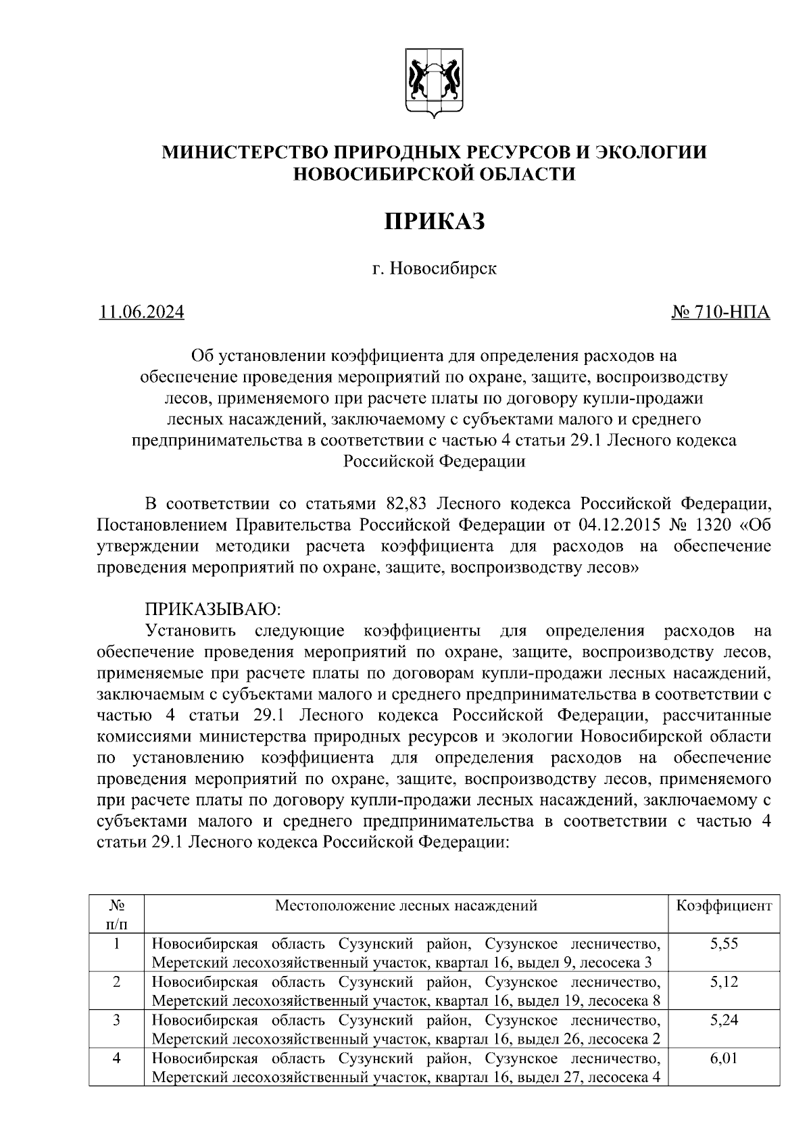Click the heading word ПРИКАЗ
point(435,221)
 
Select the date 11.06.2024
point(141,312)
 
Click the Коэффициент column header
point(724,906)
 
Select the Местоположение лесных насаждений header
point(405,906)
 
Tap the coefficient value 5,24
point(724,1020)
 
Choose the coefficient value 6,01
point(724,1058)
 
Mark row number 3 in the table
point(116,1020)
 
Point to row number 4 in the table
point(116,1058)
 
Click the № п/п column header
point(116,914)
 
